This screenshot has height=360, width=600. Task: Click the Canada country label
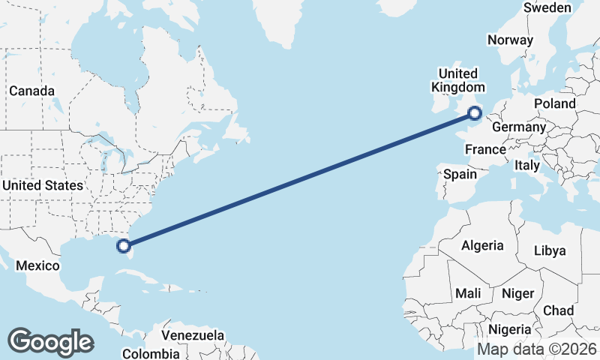32,91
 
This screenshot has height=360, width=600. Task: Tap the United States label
43,185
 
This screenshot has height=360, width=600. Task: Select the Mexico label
37,266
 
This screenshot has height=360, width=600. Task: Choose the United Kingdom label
457,80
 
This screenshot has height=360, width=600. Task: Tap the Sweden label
547,7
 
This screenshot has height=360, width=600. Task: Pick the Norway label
510,40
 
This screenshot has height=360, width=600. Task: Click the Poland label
554,103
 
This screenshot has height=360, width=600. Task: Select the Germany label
519,127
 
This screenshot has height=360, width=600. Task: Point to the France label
485,150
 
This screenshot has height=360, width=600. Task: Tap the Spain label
460,175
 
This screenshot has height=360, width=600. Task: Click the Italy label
527,165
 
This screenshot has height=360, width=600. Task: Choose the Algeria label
482,245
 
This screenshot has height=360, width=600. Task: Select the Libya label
550,250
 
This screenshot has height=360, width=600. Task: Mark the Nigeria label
510,329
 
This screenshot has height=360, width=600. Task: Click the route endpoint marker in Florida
124,244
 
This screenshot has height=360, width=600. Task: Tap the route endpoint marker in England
475,113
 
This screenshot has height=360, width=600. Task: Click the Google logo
50,341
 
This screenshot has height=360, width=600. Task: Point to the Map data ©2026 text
537,349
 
